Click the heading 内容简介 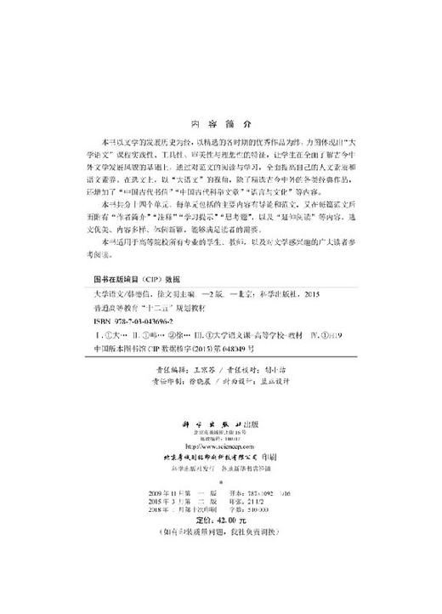[220, 122]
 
